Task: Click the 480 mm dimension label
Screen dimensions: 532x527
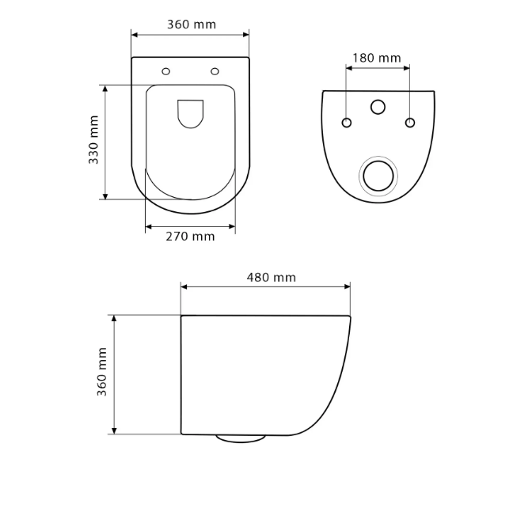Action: pos(271,278)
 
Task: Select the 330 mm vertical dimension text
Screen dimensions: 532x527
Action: pos(93,140)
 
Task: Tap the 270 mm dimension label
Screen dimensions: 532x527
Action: pos(190,237)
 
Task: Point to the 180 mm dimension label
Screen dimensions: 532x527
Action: pos(377,58)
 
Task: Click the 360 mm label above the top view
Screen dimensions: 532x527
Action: pos(192,25)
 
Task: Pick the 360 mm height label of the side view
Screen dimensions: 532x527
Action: pos(102,372)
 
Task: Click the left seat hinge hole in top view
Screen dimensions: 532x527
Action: pos(166,71)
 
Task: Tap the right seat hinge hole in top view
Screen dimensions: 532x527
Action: pos(215,71)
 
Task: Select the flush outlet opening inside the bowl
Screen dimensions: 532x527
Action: pos(190,114)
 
